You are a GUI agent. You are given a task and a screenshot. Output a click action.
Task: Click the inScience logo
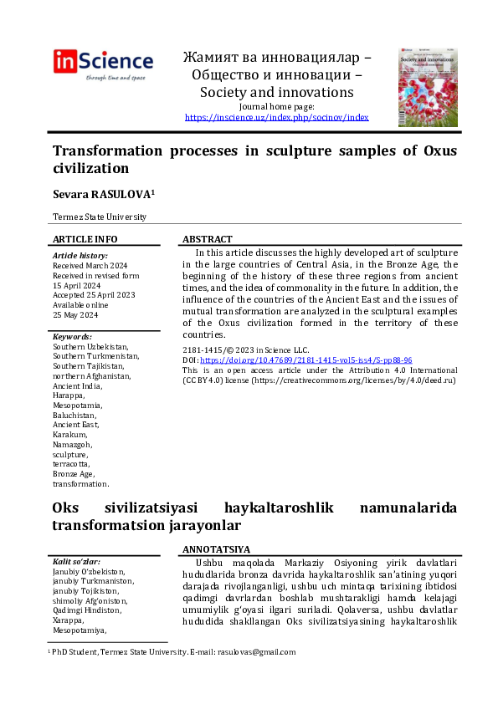pos(103,64)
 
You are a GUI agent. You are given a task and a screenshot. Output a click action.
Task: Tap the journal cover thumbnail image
pos(422,87)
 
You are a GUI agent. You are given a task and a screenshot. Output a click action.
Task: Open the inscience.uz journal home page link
pos(276,118)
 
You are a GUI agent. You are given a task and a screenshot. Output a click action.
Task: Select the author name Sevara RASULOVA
pos(101,193)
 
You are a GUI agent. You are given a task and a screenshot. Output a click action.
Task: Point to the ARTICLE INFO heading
pos(85,239)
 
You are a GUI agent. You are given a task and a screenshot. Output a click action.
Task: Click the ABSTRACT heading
pos(207,239)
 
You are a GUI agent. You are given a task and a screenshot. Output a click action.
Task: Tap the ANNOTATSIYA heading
pos(216,549)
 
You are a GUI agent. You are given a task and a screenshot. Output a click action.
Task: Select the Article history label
pos(80,255)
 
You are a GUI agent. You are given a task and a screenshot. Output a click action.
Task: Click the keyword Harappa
pos(69,395)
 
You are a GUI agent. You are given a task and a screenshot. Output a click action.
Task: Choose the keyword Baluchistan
pos(74,415)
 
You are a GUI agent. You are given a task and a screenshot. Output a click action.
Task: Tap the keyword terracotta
pos(70,464)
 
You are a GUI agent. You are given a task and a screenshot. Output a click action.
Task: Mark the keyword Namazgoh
pos(73,444)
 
